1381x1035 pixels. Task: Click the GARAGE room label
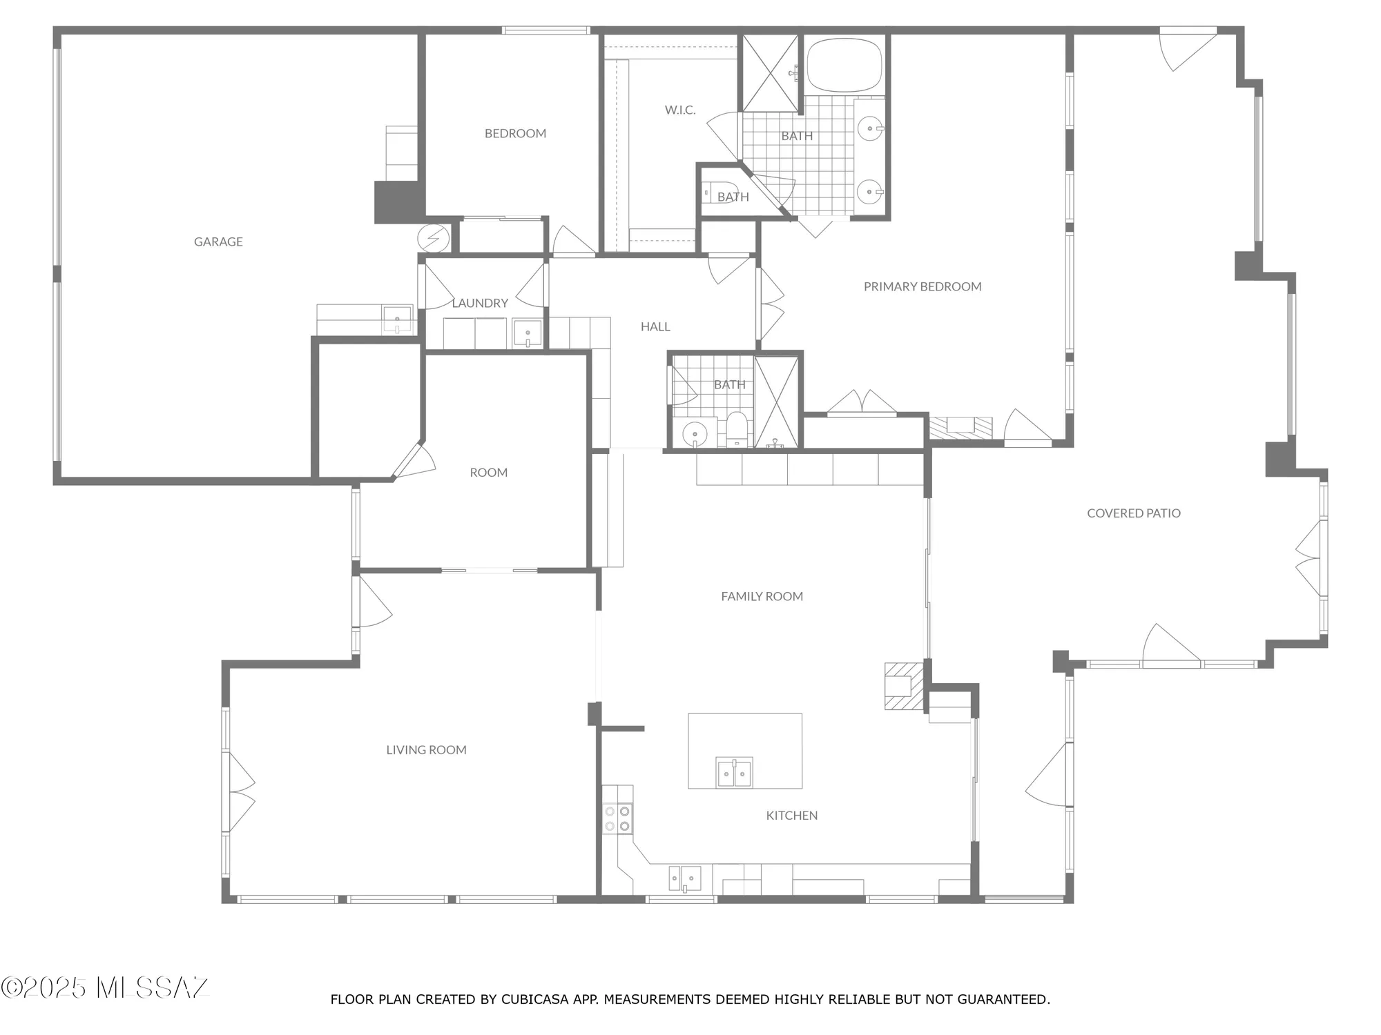(218, 241)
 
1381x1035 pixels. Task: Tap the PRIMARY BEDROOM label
(923, 286)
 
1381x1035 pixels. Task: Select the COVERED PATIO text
(1133, 513)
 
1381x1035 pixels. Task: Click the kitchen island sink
(734, 772)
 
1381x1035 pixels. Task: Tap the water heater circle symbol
(434, 239)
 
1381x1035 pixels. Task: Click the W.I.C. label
(680, 110)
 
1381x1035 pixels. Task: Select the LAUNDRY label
(480, 303)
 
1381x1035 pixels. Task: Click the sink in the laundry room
(528, 334)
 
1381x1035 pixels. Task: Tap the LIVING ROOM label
(426, 750)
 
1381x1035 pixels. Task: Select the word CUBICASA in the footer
(535, 999)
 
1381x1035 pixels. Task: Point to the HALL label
(655, 327)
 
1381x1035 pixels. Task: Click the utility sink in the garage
(397, 319)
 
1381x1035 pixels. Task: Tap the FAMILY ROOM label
(762, 597)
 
